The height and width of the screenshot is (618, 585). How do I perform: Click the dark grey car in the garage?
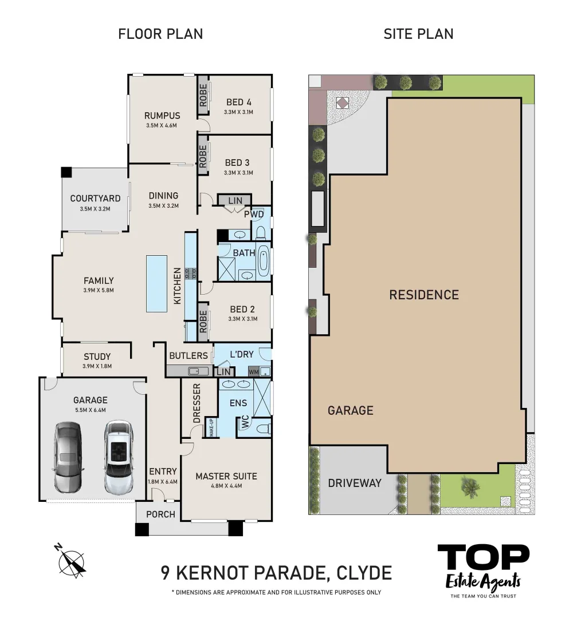68,458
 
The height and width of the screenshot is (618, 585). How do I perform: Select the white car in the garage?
119,458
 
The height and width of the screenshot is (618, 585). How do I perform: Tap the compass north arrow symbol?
71,558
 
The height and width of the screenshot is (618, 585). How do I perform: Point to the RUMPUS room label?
162,116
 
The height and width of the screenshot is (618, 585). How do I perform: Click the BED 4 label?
238,102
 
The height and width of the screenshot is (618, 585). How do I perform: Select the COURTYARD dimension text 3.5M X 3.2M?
95,209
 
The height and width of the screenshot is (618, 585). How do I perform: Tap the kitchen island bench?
156,284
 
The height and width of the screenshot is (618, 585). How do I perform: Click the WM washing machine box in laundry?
254,371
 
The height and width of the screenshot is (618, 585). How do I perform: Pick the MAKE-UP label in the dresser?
211,427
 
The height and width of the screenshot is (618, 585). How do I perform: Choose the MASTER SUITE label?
226,476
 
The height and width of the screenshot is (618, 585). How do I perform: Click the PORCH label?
160,514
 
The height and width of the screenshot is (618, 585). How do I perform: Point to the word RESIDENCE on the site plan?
424,295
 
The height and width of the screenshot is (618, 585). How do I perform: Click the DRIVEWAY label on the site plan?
355,483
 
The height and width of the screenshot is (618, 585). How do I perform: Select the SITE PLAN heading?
418,34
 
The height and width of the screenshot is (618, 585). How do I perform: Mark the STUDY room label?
97,356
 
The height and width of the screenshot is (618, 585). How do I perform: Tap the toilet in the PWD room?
261,231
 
